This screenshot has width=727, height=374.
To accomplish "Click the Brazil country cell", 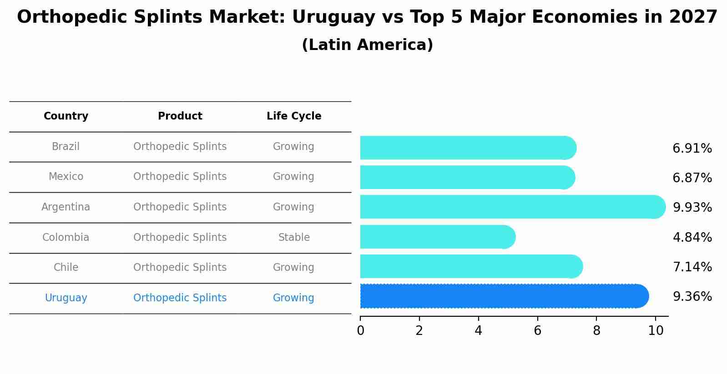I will (66, 146).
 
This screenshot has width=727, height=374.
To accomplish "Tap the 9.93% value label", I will (692, 207).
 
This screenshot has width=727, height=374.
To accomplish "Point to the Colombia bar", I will (437, 237).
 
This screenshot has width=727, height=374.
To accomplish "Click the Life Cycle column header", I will (293, 116).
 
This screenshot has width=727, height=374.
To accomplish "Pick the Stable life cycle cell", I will (293, 237).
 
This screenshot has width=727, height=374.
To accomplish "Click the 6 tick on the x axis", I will (537, 331).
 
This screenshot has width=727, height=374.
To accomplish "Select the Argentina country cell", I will (66, 207).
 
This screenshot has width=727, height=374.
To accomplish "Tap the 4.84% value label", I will (692, 237).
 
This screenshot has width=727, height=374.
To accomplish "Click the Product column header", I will (180, 116).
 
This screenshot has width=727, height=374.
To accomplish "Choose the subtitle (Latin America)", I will (367, 45).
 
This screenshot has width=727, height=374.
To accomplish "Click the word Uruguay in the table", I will (66, 298).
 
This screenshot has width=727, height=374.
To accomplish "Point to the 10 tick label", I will (656, 331).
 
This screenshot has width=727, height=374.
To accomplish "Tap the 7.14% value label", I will (692, 267).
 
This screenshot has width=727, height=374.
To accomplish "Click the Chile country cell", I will (66, 267).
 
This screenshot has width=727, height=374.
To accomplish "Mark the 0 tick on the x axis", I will (360, 331).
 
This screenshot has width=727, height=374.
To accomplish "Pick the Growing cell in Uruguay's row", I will (293, 298).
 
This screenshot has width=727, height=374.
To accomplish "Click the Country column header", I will (66, 116).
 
